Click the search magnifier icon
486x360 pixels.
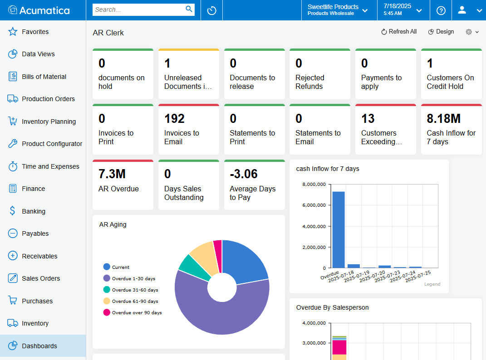tap(189, 9)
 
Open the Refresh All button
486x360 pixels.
tap(398, 32)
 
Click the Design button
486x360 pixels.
tap(441, 32)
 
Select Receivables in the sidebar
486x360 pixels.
tap(39, 256)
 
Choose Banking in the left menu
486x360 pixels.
tap(34, 211)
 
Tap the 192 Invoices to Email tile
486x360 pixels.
tap(188, 129)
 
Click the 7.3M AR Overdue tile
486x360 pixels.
tap(123, 185)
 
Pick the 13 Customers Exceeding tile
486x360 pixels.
tap(385, 129)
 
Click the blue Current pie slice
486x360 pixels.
tap(245, 261)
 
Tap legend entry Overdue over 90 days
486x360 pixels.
tap(137, 312)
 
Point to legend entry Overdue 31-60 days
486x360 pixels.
tap(135, 290)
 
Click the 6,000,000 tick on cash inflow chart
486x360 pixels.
tap(314, 205)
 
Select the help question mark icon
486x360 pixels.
tap(441, 10)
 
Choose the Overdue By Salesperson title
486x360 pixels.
tap(332, 307)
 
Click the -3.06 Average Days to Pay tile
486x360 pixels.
tap(254, 185)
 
